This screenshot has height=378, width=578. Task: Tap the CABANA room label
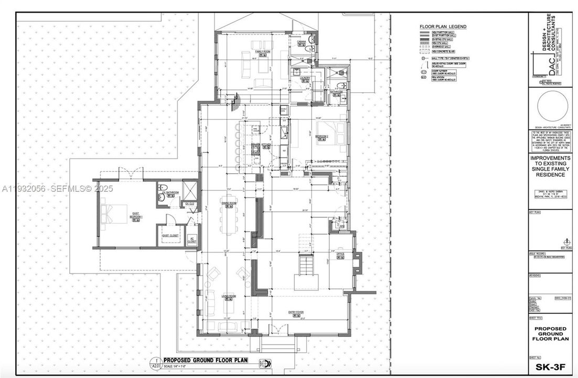pyautogui.click(x=302, y=41)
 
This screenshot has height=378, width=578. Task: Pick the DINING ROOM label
pyautogui.click(x=228, y=203)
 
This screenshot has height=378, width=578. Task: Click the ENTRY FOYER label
pyautogui.click(x=296, y=312)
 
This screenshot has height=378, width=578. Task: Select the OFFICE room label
pyautogui.click(x=339, y=253)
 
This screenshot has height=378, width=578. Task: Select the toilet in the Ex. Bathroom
pyautogui.click(x=163, y=188)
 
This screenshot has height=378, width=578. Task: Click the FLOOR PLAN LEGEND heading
pyautogui.click(x=443, y=26)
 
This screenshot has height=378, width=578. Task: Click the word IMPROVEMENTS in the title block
pyautogui.click(x=550, y=157)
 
